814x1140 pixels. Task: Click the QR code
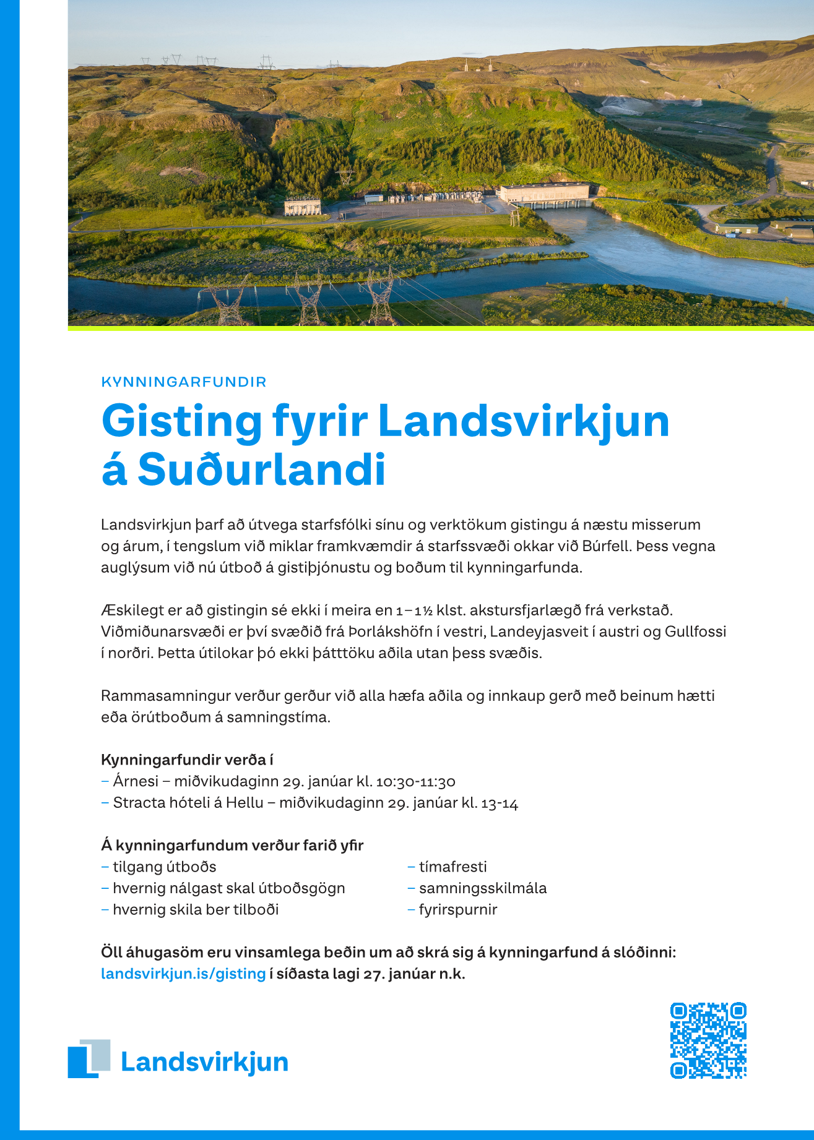pos(708,1040)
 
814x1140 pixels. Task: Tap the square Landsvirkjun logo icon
pos(89,1058)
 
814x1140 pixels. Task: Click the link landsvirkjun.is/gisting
pos(183,974)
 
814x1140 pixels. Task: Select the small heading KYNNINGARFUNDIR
pos(184,382)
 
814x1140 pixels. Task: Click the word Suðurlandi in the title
pos(261,470)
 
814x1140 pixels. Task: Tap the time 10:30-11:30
pos(415,782)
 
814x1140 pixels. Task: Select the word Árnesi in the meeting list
pos(136,781)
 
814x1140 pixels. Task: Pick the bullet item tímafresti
pos(452,867)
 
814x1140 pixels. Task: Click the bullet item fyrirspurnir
pos(457,909)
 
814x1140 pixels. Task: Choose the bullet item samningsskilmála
pos(482,888)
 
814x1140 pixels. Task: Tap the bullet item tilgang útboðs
pos(164,867)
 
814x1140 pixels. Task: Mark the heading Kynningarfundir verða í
pos(187,760)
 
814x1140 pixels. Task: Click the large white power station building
pos(545,193)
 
